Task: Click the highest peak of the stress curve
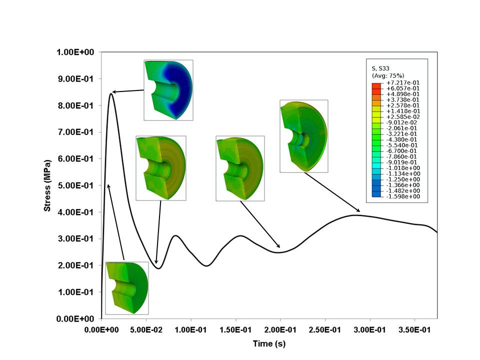pyautogui.click(x=110, y=93)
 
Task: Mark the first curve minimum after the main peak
pyautogui.click(x=158, y=268)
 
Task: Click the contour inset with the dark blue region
pyautogui.click(x=168, y=90)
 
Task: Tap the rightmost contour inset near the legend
pyautogui.click(x=303, y=136)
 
